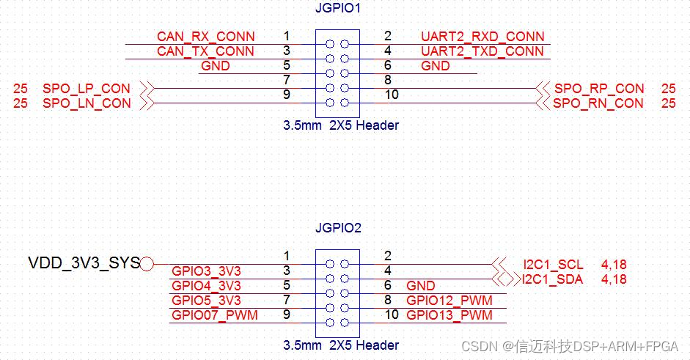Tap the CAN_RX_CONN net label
(x=206, y=37)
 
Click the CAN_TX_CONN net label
(x=206, y=51)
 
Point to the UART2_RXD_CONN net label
(x=482, y=37)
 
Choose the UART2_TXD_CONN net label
(x=482, y=51)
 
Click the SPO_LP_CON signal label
(x=87, y=89)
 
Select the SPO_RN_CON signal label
(x=598, y=103)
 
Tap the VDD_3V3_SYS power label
(x=84, y=262)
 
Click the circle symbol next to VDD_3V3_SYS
(x=147, y=264)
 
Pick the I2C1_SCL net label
(x=553, y=265)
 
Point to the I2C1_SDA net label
(x=553, y=279)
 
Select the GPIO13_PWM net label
(x=449, y=315)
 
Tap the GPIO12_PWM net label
(x=449, y=301)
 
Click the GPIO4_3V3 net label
(x=206, y=286)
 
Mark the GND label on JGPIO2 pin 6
(x=421, y=286)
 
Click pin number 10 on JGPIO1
(x=392, y=95)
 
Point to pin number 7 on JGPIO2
(x=286, y=300)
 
